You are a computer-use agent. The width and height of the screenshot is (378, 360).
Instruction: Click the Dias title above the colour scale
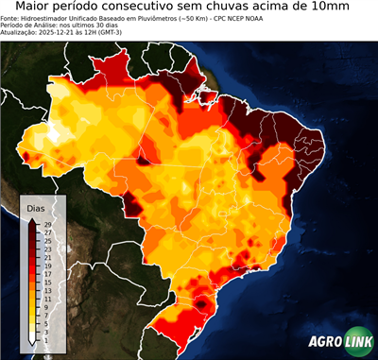[36, 207]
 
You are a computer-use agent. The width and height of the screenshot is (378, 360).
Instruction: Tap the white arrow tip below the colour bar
[33, 337]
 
